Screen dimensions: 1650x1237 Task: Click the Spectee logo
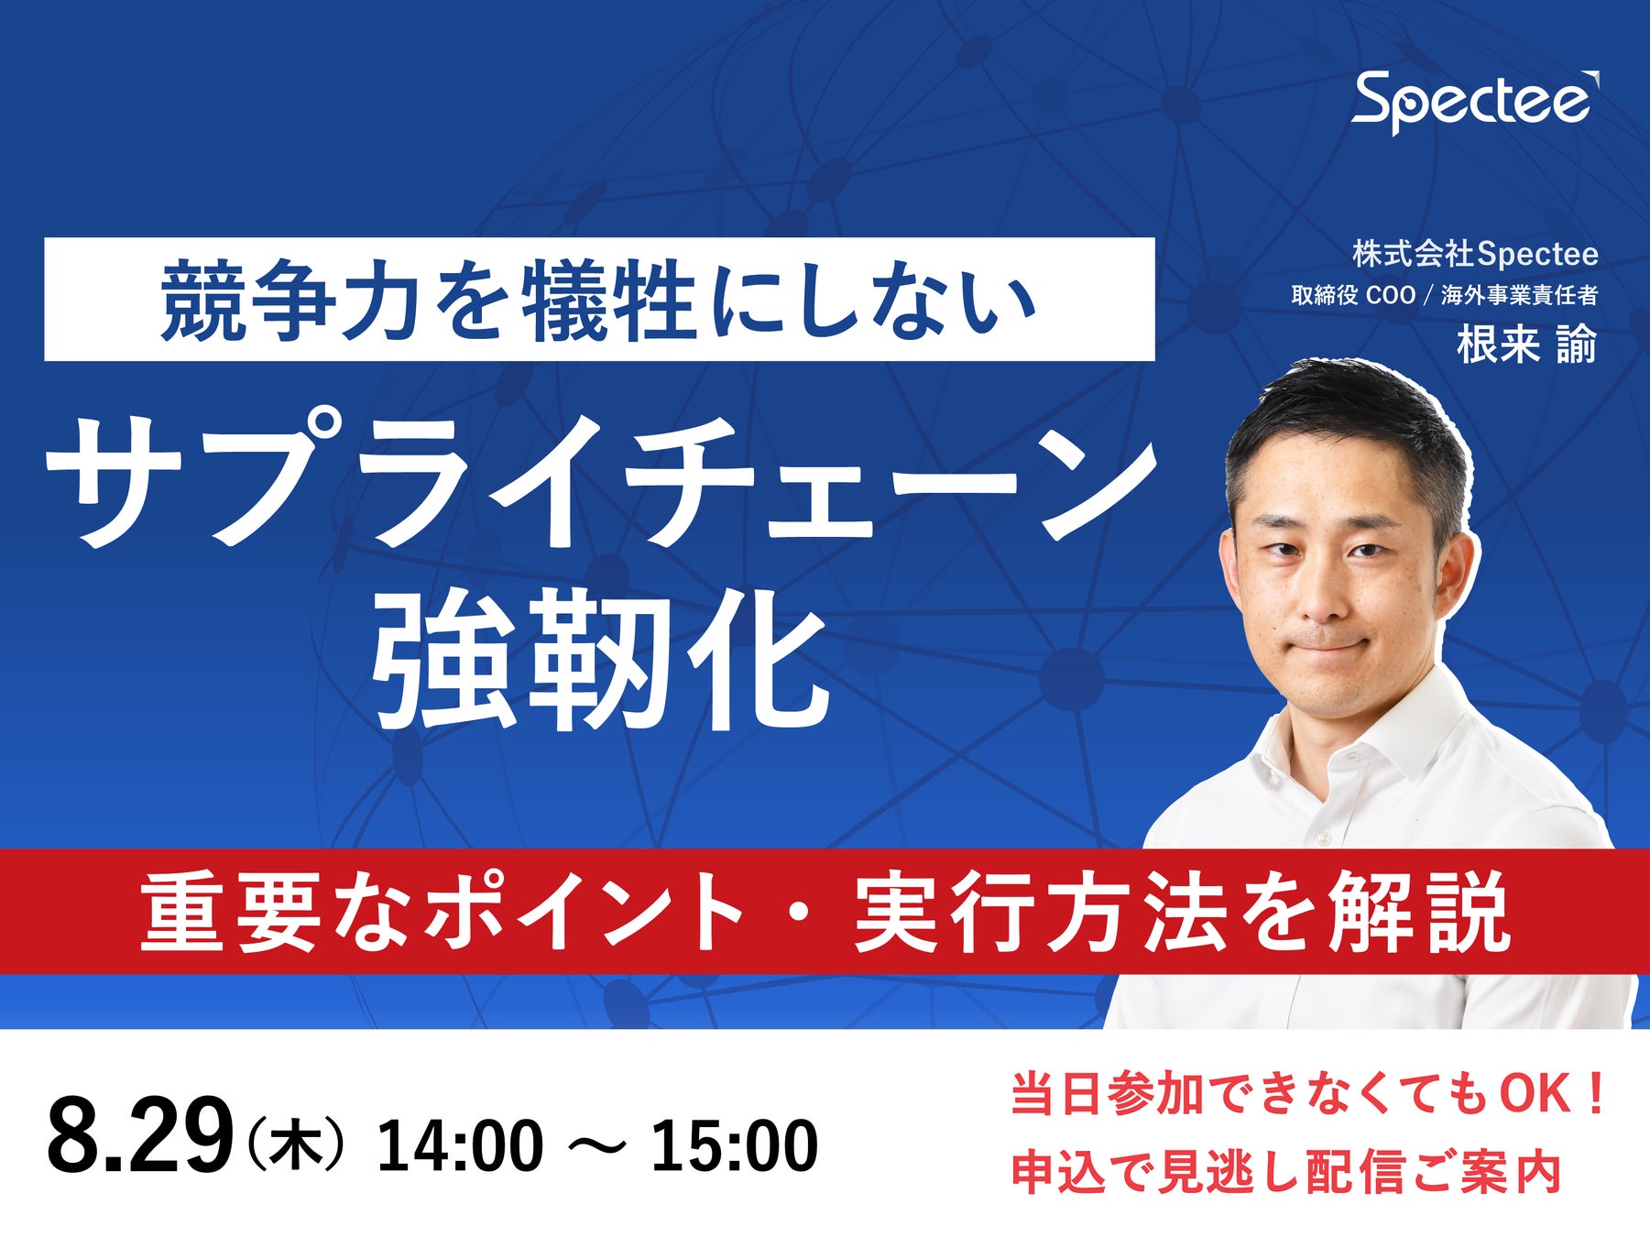1476,102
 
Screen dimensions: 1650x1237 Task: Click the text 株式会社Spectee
1475,255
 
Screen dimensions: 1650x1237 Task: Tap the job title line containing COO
1445,295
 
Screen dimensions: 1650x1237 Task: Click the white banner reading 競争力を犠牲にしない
599,299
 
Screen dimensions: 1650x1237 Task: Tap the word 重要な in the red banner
275,912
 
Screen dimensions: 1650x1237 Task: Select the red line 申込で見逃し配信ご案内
1286,1172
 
